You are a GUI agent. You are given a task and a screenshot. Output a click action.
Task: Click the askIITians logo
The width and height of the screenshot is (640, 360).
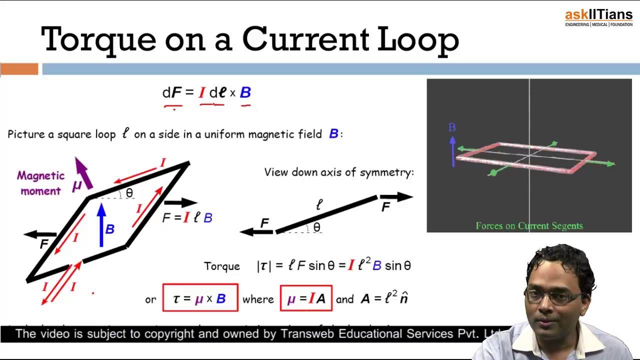coord(598,18)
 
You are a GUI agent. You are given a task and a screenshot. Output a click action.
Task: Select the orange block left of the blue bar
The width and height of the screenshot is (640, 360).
coord(19,69)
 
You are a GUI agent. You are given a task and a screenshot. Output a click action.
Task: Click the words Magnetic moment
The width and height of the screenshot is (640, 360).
coord(40,183)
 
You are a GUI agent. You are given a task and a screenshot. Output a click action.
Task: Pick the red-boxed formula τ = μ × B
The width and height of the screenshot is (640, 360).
coord(200,298)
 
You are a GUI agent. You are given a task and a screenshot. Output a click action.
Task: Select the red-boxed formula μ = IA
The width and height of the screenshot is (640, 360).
coord(306,298)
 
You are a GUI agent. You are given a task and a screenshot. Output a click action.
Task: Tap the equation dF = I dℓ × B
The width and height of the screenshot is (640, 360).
coord(206,92)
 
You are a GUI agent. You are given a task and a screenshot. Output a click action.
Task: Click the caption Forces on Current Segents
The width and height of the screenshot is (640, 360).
coord(529,226)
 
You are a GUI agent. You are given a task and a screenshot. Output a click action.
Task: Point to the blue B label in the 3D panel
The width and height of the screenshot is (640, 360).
coord(452,127)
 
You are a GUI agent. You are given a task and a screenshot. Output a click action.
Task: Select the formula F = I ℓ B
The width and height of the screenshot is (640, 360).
coord(187,217)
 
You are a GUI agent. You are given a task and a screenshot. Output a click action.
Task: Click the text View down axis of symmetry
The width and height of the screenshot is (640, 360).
coord(339,172)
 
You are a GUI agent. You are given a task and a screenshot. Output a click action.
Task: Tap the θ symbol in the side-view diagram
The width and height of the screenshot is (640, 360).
coord(316,227)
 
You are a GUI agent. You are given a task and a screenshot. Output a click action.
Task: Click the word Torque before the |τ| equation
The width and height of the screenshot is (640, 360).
coord(222,266)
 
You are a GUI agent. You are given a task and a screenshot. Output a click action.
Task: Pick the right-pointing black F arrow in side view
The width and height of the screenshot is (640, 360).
coord(396,197)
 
